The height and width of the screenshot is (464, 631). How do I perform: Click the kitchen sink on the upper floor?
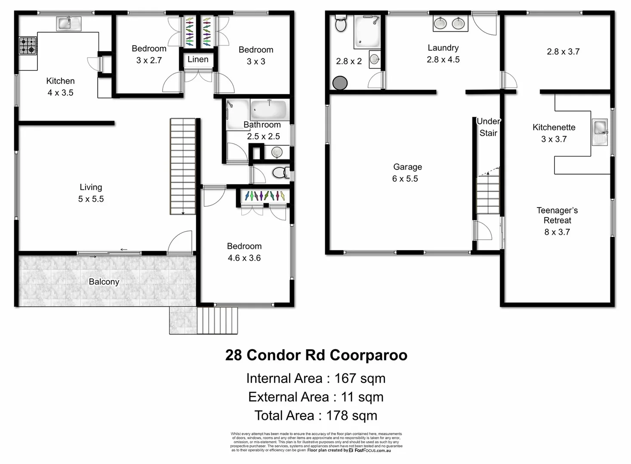pos(68,23)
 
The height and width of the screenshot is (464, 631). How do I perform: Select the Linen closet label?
pos(198,60)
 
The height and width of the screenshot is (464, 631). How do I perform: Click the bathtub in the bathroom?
pos(269,109)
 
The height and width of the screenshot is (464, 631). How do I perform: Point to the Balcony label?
pos(104,282)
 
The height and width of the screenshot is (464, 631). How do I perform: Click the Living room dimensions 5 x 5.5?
pos(91,199)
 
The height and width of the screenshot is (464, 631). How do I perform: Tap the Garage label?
pos(407,167)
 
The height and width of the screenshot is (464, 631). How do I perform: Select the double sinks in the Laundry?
pos(450,23)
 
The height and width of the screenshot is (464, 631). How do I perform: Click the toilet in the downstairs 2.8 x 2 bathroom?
pos(341,24)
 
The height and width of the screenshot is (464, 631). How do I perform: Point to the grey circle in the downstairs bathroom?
pos(340,83)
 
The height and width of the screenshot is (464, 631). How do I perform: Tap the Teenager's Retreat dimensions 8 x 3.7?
pos(557,232)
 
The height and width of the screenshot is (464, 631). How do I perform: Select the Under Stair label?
pos(488,127)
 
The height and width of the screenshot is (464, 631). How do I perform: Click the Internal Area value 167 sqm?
pos(360,379)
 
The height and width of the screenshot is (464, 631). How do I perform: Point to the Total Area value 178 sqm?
pos(351,416)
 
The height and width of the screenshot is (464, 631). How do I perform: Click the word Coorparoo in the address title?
pos(369,355)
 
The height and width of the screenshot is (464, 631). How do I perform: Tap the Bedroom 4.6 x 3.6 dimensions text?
pos(244,258)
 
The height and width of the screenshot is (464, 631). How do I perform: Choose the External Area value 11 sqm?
pos(362,397)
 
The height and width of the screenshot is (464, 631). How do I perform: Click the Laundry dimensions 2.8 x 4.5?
pos(443,60)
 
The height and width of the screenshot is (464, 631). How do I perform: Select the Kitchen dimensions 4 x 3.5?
pos(60,93)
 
